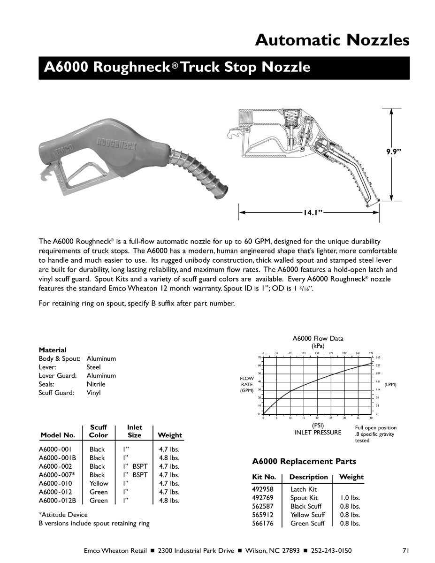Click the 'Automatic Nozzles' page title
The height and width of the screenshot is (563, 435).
(332, 40)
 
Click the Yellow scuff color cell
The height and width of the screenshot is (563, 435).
(99, 483)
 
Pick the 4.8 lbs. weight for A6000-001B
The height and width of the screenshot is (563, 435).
(169, 458)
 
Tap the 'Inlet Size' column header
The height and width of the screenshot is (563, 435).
(135, 431)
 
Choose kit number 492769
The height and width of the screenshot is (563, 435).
(263, 498)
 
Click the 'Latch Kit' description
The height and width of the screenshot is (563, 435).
(304, 489)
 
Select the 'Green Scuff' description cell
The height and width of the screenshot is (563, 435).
(307, 523)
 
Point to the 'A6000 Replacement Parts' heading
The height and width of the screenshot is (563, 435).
(304, 461)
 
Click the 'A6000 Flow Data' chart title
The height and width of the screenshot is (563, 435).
(318, 338)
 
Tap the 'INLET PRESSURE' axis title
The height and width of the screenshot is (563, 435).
(318, 433)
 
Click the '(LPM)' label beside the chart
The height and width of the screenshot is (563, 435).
(390, 385)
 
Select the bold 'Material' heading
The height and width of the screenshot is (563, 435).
(53, 350)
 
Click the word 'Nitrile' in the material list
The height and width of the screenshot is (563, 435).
(96, 384)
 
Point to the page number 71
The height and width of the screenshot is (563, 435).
(406, 550)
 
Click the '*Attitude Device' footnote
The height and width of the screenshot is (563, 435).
(63, 515)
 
